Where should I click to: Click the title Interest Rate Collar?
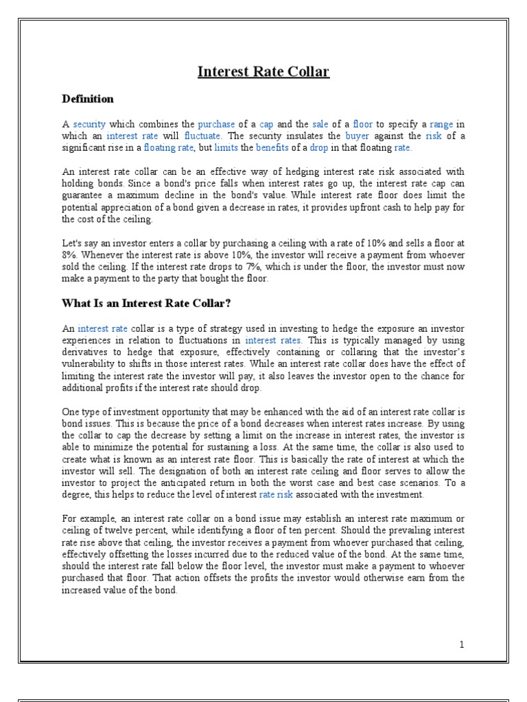coord(263,71)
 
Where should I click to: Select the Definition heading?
coord(88,99)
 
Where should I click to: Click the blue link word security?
coord(89,124)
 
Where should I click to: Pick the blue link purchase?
coord(216,124)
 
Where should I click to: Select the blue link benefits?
coord(272,147)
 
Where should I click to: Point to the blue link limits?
coord(226,147)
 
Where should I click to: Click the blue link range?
coord(442,124)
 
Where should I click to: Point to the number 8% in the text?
coord(70,255)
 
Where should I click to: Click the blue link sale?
coord(321,124)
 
